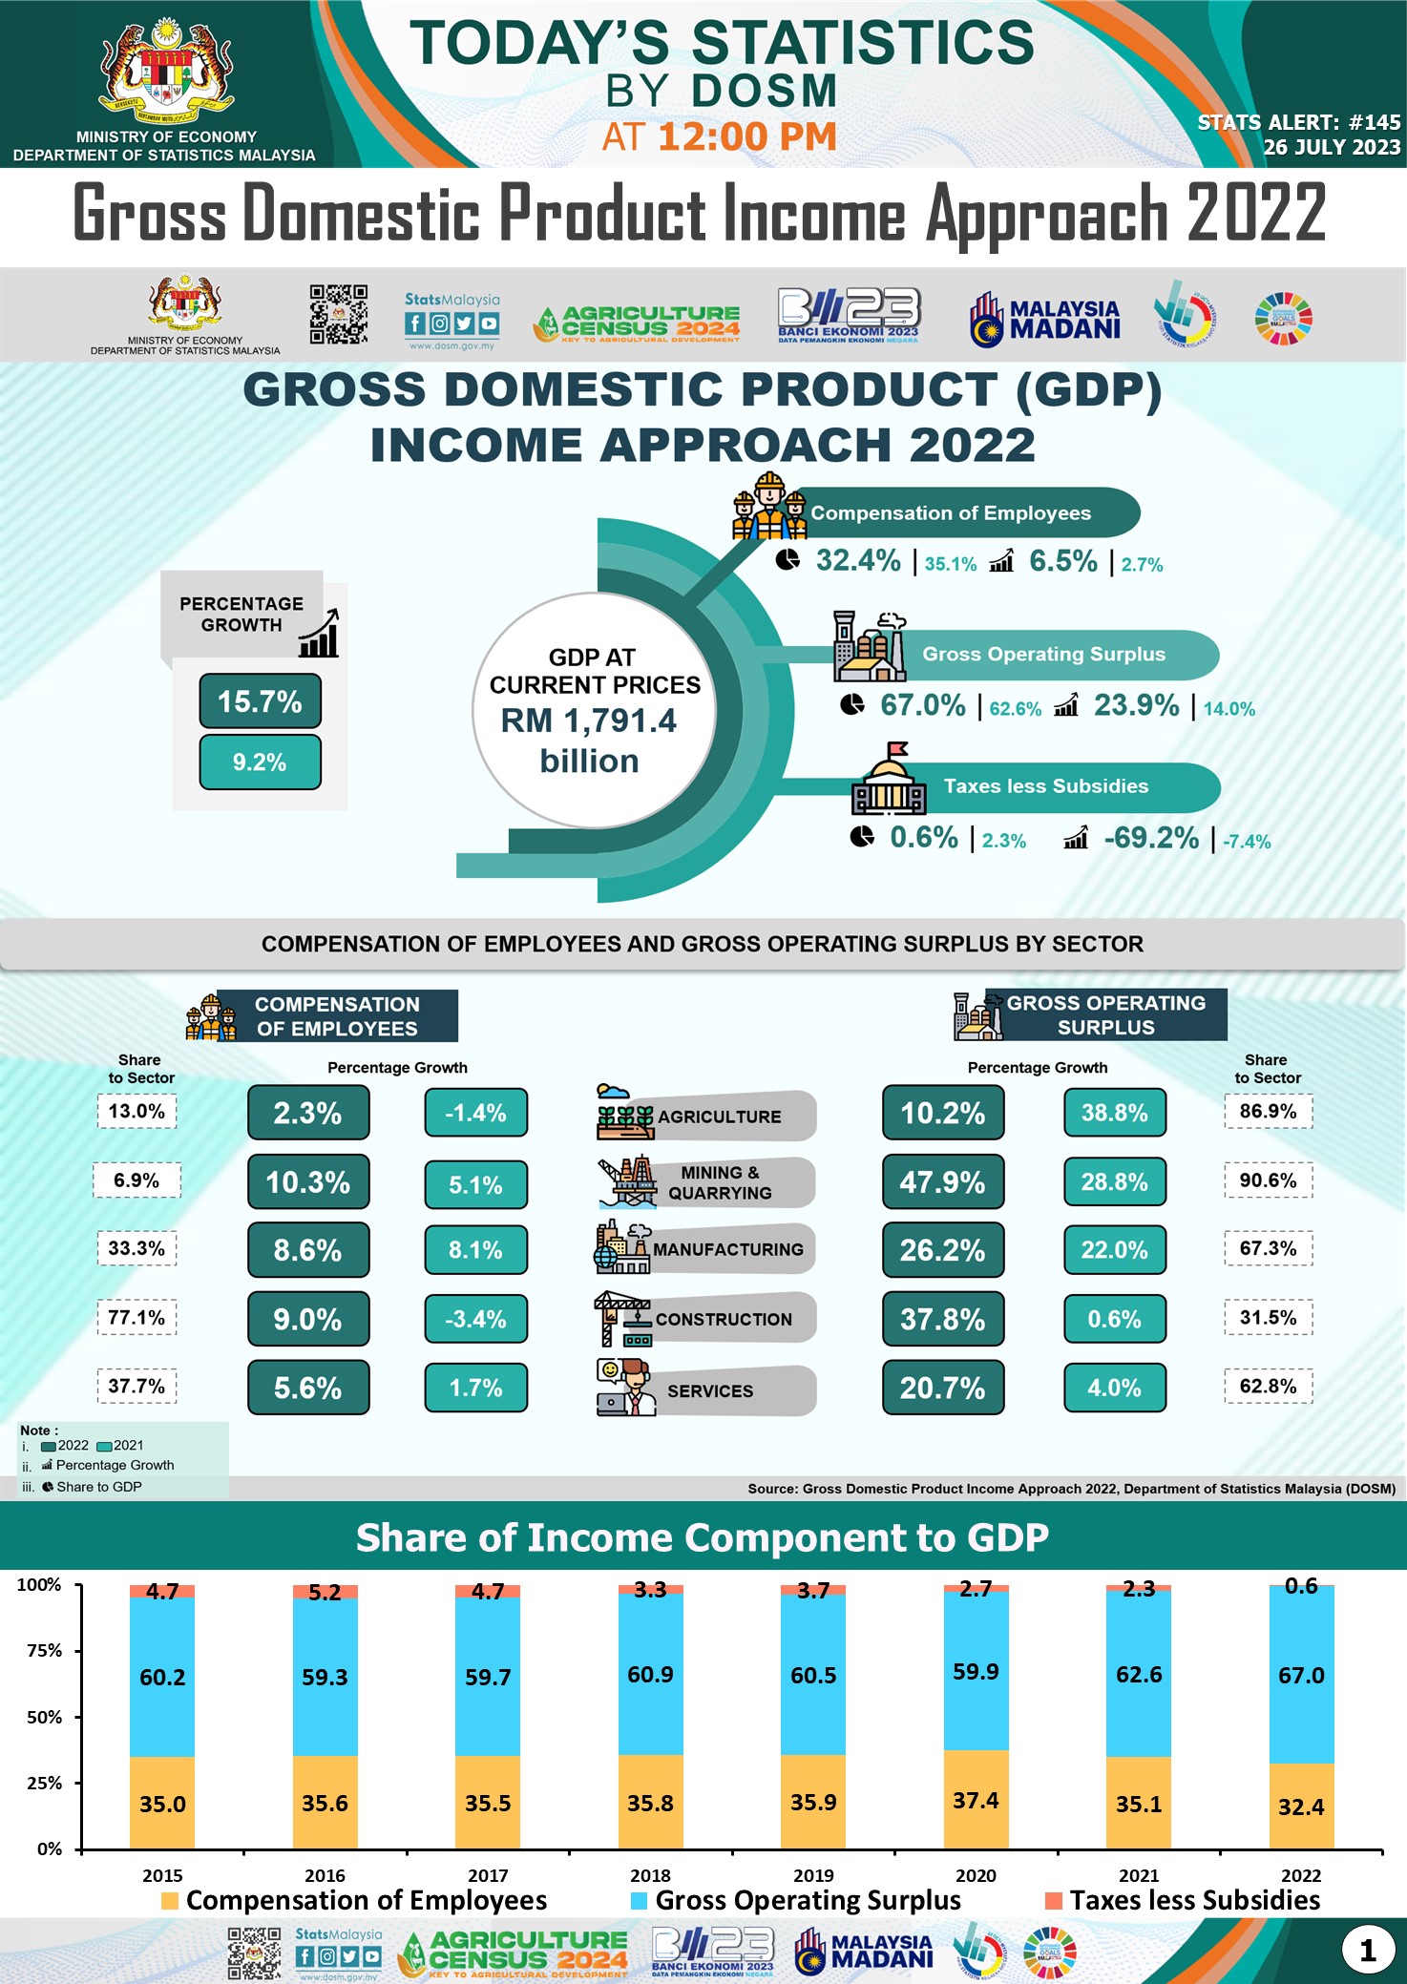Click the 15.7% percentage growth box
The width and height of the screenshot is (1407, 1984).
pos(260,701)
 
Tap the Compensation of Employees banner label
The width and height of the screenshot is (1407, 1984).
pos(951,513)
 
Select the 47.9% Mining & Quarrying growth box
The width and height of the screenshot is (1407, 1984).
pos(942,1181)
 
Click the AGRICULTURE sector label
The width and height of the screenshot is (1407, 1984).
pos(719,1117)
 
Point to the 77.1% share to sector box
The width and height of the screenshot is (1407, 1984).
pos(136,1318)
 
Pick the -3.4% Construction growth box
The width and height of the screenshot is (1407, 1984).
pos(475,1319)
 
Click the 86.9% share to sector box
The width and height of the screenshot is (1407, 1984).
pos(1268,1112)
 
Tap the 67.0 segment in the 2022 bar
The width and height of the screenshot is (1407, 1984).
pos(1301,1676)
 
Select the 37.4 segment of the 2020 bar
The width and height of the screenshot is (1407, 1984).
pos(976,1800)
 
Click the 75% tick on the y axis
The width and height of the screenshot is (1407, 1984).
pos(44,1651)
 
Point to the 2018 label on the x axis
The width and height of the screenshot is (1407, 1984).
pos(650,1875)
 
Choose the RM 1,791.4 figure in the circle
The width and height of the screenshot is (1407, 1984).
pos(589,721)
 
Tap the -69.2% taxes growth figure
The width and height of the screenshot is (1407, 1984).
pos(1151,838)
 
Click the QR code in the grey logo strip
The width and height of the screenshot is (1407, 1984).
pos(339,314)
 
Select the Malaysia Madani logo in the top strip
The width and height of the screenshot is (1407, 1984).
pos(1045,319)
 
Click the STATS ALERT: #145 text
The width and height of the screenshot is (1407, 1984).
pos(1299,122)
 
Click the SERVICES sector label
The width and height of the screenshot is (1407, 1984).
pos(710,1391)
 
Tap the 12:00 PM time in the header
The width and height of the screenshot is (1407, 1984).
pos(746,137)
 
